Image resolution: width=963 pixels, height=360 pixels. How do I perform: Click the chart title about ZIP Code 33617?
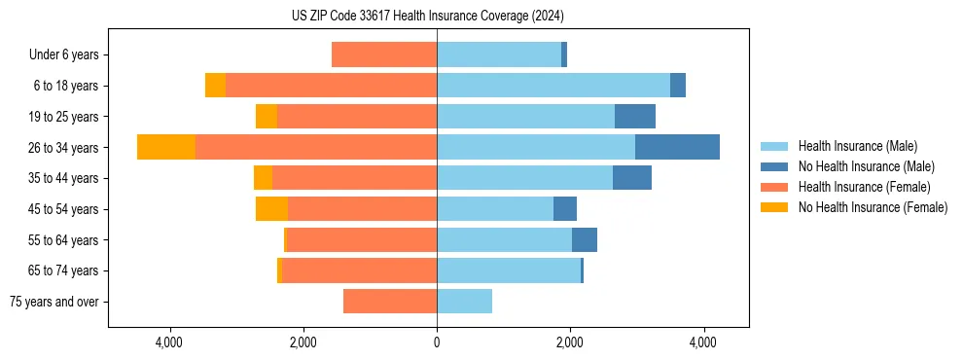(x=427, y=17)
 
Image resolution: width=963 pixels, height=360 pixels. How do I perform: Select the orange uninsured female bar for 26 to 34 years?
(x=166, y=147)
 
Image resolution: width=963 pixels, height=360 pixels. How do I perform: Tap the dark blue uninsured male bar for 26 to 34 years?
(x=677, y=147)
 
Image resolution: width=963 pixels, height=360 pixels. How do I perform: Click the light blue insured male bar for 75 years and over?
(x=464, y=302)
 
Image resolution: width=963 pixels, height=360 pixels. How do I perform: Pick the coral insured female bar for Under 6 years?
(x=384, y=54)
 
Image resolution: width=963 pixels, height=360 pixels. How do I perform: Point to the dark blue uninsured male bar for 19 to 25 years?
(x=635, y=117)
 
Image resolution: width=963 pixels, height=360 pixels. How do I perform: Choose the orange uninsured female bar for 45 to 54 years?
(x=271, y=209)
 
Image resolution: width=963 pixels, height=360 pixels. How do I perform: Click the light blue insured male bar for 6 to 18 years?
(x=553, y=86)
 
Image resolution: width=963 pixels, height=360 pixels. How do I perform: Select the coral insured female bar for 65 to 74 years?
(x=359, y=270)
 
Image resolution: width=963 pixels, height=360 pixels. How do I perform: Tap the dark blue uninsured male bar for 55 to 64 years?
(x=585, y=240)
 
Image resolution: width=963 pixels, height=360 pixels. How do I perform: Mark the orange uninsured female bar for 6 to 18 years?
(x=215, y=86)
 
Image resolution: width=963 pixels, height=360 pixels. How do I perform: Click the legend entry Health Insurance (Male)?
(x=857, y=146)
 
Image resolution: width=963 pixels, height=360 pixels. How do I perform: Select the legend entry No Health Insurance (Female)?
(x=873, y=207)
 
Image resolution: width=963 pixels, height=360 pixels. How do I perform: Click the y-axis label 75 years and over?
(x=54, y=302)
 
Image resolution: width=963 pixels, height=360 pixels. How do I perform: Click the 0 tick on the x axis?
(x=437, y=343)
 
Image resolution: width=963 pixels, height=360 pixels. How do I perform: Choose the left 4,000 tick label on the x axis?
(x=169, y=343)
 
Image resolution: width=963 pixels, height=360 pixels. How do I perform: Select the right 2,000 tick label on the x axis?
(x=570, y=343)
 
